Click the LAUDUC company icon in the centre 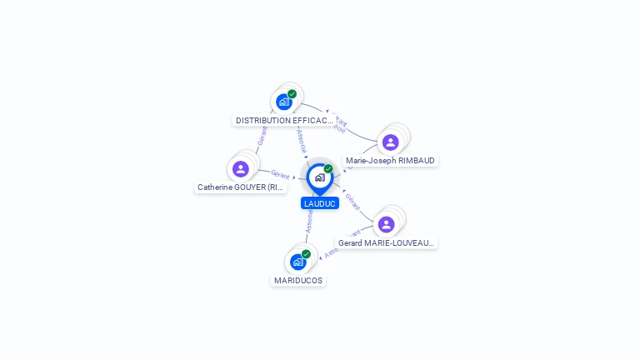point(319,177)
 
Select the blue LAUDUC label point(320,203)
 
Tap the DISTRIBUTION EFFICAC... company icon point(284,102)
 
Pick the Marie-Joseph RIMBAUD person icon point(390,142)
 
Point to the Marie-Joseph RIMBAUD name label point(390,161)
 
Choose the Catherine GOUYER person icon point(241,169)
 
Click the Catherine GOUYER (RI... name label point(241,187)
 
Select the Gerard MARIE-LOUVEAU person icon point(386,224)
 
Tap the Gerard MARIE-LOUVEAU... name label point(386,243)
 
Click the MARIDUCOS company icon point(297,262)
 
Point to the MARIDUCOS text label point(298,281)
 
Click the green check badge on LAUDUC point(328,168)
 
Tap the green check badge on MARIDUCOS point(306,253)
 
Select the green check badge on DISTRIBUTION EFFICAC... point(292,94)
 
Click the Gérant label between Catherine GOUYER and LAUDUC point(280,174)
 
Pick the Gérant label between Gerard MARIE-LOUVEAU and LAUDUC point(352,201)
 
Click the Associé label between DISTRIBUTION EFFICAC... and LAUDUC point(302,139)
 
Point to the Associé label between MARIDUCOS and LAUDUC point(309,221)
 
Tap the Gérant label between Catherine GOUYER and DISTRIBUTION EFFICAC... point(262,137)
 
